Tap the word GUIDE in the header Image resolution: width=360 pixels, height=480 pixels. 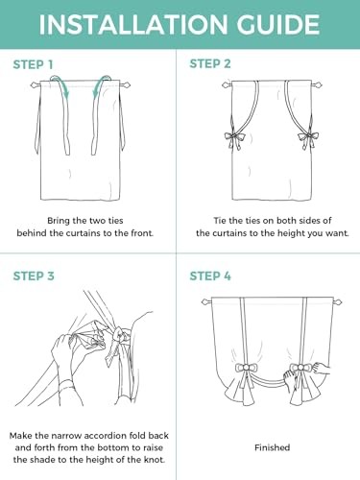[x=278, y=24]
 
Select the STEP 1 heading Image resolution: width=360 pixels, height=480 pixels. [x=33, y=64]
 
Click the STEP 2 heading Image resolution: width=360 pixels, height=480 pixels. [x=210, y=63]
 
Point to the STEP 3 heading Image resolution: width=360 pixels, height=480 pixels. [x=34, y=276]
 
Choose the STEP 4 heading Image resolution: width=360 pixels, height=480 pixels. [x=210, y=276]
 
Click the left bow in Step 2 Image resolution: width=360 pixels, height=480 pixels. [x=235, y=138]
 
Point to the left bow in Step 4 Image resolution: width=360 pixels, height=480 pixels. [x=246, y=369]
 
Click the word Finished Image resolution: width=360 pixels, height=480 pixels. [x=273, y=447]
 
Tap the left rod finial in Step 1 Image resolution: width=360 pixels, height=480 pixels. [x=36, y=85]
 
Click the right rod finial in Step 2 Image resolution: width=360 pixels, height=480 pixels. [x=317, y=85]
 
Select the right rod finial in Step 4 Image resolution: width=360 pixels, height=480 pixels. [x=338, y=301]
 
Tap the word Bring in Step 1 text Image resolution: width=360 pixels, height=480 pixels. [x=59, y=221]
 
